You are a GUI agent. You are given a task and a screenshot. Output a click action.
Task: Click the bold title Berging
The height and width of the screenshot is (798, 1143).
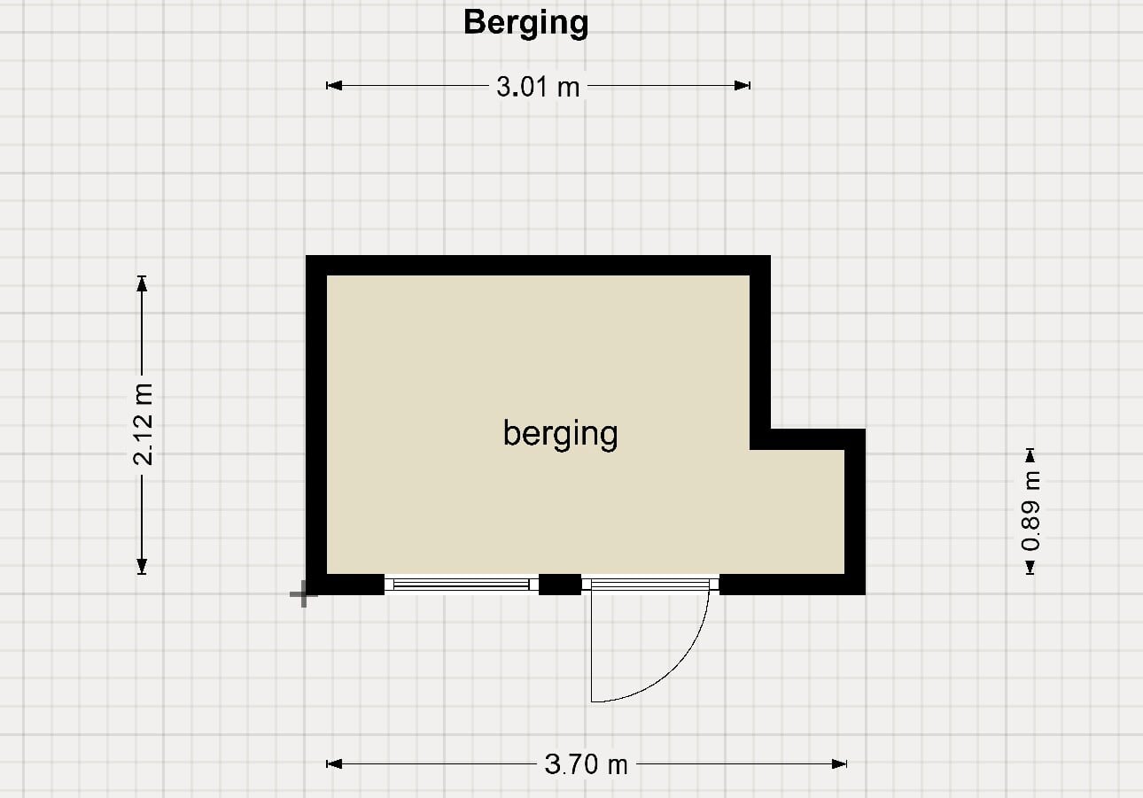pyautogui.click(x=526, y=23)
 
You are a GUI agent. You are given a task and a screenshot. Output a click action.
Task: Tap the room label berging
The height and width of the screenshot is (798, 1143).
pyautogui.click(x=560, y=434)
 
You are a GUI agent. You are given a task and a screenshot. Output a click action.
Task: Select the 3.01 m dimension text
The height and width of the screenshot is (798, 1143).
pyautogui.click(x=539, y=87)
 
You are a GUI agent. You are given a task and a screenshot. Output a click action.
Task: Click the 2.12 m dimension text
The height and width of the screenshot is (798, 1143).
pyautogui.click(x=143, y=424)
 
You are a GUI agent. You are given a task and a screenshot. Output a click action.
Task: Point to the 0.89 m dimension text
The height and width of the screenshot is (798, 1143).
pyautogui.click(x=1030, y=511)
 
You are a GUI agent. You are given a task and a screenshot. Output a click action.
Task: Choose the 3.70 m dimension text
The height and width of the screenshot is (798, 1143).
pyautogui.click(x=587, y=764)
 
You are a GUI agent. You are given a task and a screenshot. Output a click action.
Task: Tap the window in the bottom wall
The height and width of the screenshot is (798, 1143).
pyautogui.click(x=462, y=585)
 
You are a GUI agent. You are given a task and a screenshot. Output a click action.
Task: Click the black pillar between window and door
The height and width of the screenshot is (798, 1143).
pyautogui.click(x=560, y=585)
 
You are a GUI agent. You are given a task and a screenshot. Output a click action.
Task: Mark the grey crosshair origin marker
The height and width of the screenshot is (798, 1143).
pyautogui.click(x=304, y=594)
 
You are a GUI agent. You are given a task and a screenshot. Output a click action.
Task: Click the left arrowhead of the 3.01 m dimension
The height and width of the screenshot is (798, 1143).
pyautogui.click(x=334, y=86)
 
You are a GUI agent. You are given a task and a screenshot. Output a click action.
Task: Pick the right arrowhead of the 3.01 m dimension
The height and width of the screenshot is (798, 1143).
pyautogui.click(x=743, y=86)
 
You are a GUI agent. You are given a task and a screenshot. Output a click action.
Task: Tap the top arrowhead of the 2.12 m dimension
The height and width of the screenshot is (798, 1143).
pyautogui.click(x=142, y=283)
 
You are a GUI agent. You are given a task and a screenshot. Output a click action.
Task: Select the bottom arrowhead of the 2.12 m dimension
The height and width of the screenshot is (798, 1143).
pyautogui.click(x=142, y=566)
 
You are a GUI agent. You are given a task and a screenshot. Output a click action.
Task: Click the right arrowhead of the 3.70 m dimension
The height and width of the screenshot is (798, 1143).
pyautogui.click(x=839, y=763)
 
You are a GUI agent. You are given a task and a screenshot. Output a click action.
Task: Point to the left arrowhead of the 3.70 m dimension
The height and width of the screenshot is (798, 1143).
pyautogui.click(x=334, y=763)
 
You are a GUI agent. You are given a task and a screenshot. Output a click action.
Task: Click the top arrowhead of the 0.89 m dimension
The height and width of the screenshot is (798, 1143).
pyautogui.click(x=1030, y=456)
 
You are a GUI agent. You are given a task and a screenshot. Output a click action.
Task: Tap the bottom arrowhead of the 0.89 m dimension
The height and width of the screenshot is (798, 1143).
pyautogui.click(x=1030, y=567)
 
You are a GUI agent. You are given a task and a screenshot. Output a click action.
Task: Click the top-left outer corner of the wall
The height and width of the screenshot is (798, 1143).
pyautogui.click(x=307, y=255)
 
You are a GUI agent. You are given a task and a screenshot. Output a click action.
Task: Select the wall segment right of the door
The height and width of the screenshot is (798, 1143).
pyautogui.click(x=792, y=585)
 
